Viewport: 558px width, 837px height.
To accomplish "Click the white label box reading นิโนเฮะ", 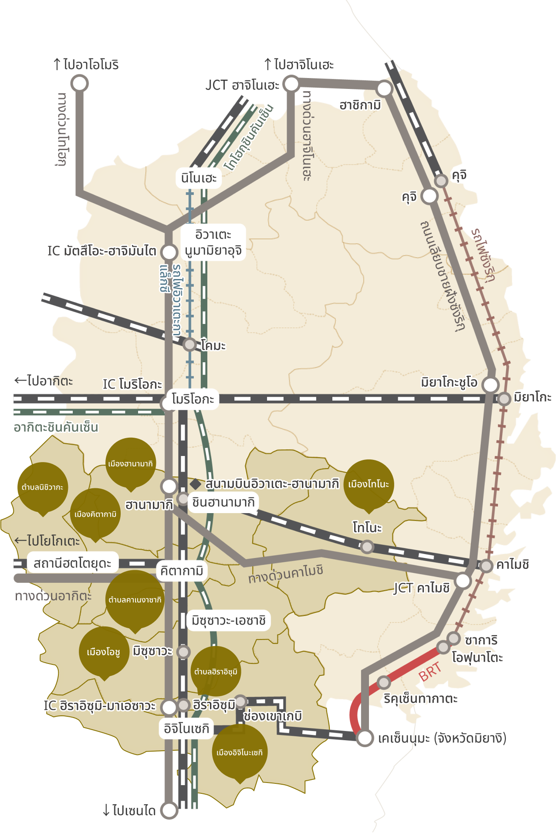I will (199, 178).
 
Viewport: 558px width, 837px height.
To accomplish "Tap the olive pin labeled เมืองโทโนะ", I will (369, 484).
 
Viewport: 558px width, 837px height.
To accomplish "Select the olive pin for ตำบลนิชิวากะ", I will (43, 487).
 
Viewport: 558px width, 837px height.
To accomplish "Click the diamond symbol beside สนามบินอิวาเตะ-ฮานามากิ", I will (195, 484).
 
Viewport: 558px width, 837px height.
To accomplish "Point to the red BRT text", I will (430, 672).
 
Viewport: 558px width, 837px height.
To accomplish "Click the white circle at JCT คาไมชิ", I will (463, 581).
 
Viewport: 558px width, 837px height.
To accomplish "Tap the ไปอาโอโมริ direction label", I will (86, 65).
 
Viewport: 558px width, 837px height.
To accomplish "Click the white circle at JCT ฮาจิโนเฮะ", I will (291, 84).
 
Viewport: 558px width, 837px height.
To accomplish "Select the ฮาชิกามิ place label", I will (360, 105).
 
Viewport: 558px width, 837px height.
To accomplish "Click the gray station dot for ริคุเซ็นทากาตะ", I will (383, 682).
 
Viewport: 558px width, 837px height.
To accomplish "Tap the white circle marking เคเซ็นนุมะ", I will (365, 738).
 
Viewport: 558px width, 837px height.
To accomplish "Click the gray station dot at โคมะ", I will (189, 344).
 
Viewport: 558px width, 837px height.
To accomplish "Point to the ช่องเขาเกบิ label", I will (273, 716).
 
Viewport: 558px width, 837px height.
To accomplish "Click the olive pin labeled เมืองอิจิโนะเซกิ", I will (239, 753).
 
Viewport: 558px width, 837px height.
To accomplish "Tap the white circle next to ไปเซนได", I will (169, 810).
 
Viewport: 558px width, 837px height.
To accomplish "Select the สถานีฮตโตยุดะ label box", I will (72, 563).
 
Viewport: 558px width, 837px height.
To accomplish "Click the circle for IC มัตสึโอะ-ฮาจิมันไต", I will (169, 252).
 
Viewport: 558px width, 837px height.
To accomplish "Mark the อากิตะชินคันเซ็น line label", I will (56, 427).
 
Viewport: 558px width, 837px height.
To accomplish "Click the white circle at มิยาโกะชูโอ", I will (490, 384).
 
